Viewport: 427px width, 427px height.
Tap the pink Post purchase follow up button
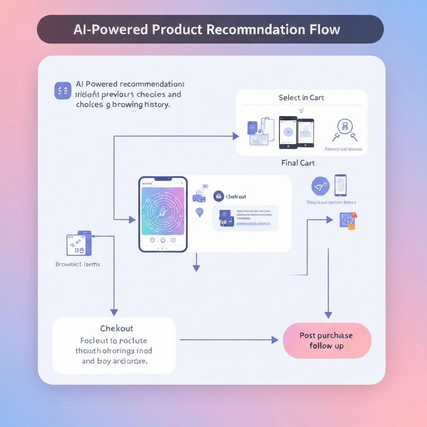click(327, 341)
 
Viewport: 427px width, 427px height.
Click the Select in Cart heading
click(301, 98)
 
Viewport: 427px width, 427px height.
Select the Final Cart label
click(298, 163)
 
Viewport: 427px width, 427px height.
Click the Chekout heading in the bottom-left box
click(117, 329)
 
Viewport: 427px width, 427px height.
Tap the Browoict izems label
click(78, 264)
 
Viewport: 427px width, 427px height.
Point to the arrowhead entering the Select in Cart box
click(236, 136)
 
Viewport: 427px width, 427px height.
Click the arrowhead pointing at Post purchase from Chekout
click(275, 340)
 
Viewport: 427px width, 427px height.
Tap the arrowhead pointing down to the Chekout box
click(114, 312)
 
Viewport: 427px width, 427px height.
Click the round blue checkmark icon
click(320, 186)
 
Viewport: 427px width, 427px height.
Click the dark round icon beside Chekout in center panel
click(219, 196)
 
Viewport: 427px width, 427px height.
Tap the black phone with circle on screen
click(288, 132)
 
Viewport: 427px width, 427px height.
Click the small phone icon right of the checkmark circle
click(340, 185)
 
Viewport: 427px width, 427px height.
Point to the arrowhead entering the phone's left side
click(132, 220)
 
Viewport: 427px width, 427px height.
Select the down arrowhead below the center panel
click(196, 268)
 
